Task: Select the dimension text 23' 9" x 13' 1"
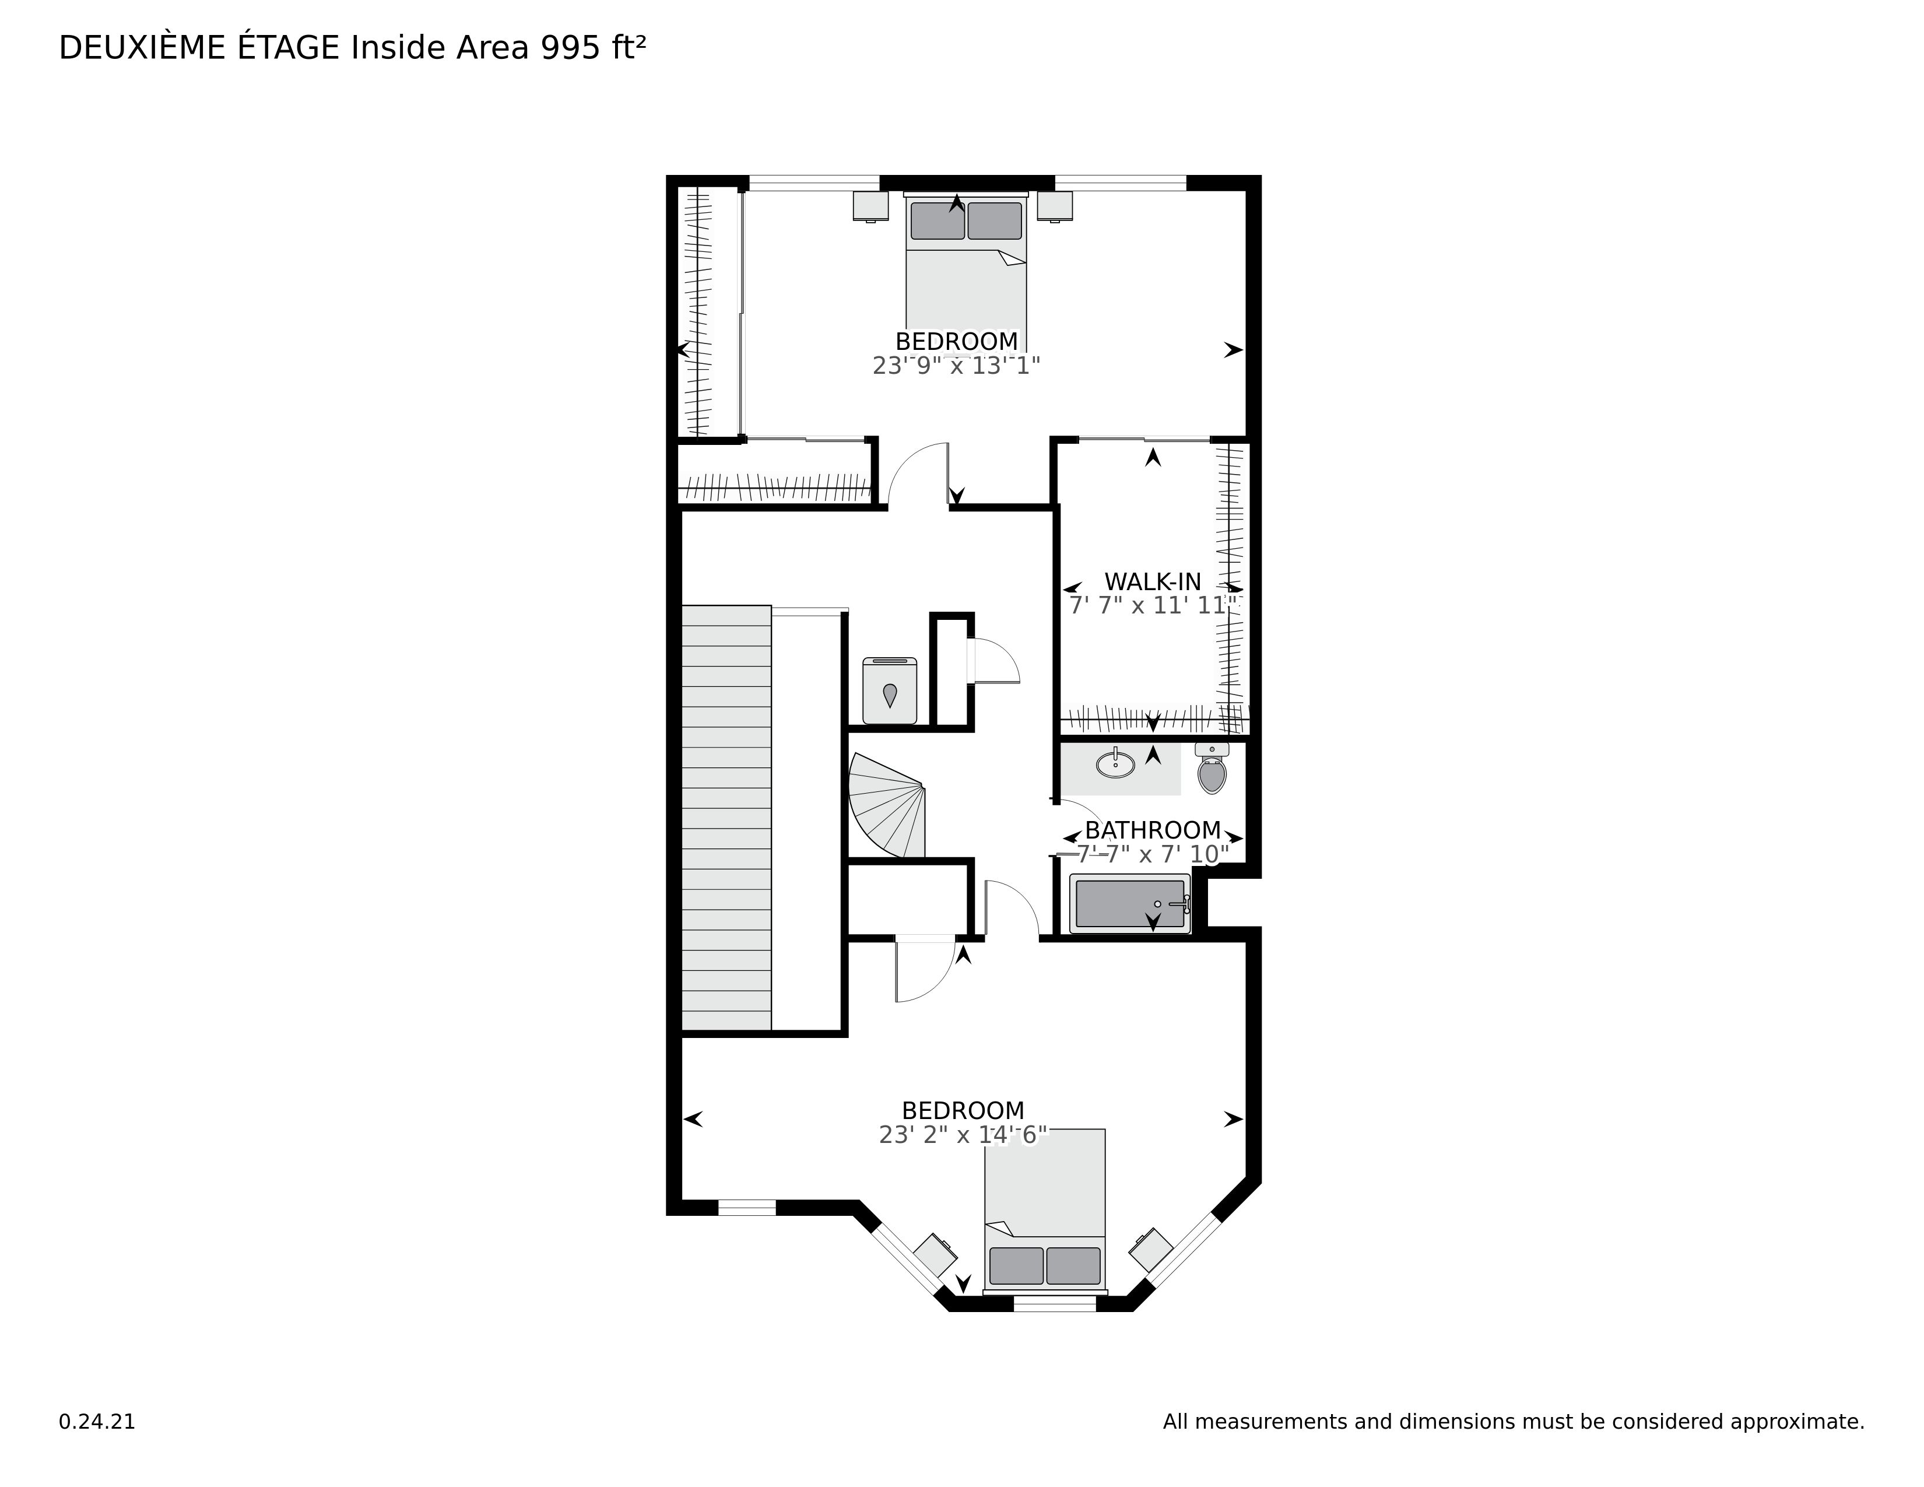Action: point(957,366)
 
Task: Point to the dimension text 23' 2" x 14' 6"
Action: point(963,1135)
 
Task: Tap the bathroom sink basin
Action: point(1117,763)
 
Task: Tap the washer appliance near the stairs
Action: point(890,690)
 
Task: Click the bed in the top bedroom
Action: point(967,264)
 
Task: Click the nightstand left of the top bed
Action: point(870,205)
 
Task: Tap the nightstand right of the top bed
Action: point(1055,205)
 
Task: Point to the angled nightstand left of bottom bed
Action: point(936,1254)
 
